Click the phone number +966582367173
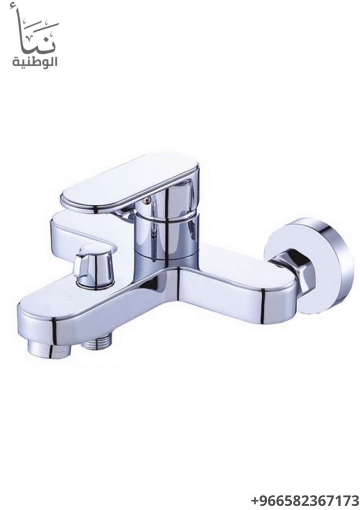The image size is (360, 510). [x=305, y=500]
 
